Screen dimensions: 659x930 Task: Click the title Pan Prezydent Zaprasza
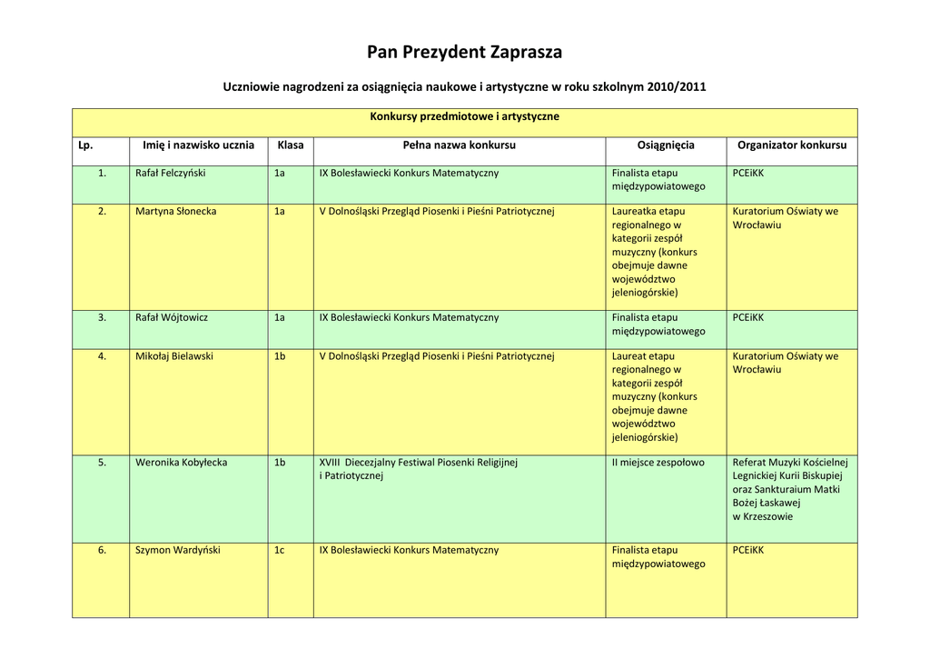464,52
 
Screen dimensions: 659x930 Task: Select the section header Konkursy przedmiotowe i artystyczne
464,116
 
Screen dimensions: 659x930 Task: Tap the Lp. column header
86,145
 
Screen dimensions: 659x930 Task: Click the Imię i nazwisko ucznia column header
198,145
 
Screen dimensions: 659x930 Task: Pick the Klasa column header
291,145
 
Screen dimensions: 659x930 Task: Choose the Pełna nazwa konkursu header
459,145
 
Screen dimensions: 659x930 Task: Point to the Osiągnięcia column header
666,145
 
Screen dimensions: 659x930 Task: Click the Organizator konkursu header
792,145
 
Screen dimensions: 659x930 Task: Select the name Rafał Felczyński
171,173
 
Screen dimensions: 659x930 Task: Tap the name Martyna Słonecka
176,211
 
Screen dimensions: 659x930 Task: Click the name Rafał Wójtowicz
172,317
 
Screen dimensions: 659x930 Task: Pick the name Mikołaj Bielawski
174,356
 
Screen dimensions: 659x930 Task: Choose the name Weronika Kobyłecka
182,463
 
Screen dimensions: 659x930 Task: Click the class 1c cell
280,550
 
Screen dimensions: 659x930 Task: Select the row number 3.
102,317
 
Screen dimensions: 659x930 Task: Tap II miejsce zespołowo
658,463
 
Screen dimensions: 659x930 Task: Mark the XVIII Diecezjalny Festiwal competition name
419,463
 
